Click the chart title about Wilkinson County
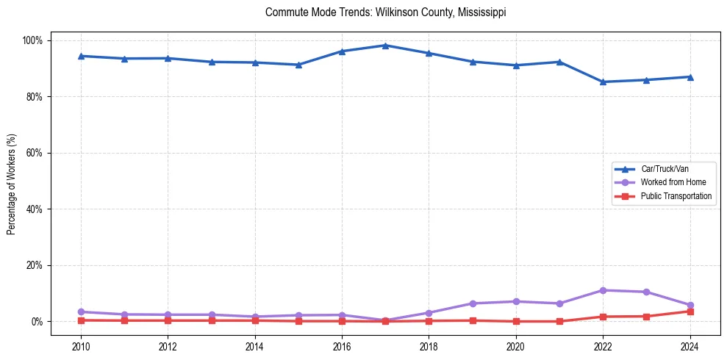tap(385, 12)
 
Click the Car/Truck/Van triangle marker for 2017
tap(385, 46)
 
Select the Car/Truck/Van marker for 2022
tap(603, 82)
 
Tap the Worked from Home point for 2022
tap(603, 290)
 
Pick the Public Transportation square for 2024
tap(690, 312)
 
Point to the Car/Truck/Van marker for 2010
tap(81, 56)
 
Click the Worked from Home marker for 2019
tap(472, 303)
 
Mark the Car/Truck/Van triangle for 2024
tap(690, 76)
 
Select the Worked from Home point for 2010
tap(81, 312)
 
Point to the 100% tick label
tap(33, 40)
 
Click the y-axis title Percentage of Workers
tap(12, 184)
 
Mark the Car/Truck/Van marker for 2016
tap(342, 51)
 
